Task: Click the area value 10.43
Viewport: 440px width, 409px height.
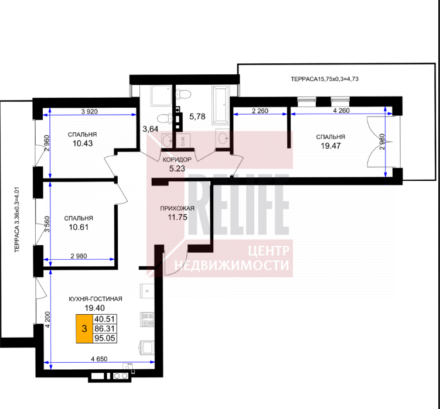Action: pos(83,143)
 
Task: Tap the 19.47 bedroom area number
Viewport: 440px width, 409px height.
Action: pos(330,146)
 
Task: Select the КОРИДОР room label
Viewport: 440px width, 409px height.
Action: pos(177,160)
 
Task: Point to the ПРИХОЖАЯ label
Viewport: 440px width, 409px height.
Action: pos(177,208)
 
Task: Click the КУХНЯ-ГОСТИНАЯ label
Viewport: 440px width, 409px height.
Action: pos(95,299)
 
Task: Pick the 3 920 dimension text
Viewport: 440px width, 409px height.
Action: pos(90,112)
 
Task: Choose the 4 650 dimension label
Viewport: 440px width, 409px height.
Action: pos(99,359)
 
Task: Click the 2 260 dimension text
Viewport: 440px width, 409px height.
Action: pos(260,111)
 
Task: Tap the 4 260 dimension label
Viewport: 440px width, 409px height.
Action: pos(341,111)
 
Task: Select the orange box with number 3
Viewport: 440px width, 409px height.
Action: pos(84,328)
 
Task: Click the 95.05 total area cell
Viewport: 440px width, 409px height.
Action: pos(105,338)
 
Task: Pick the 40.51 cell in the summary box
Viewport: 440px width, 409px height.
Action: pos(105,319)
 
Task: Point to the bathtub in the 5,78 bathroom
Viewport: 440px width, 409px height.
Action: pos(220,105)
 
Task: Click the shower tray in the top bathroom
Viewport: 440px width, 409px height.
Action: pos(161,96)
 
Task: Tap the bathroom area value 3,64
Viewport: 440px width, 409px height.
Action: pos(151,129)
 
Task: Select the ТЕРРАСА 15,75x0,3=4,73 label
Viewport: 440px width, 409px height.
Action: pos(325,79)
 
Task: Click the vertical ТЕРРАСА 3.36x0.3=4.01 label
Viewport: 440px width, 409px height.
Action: pos(17,220)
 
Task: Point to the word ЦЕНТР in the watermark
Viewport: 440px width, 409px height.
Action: pos(268,250)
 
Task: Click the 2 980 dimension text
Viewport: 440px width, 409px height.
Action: pos(79,256)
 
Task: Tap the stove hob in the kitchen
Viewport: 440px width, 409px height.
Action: pos(147,319)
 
